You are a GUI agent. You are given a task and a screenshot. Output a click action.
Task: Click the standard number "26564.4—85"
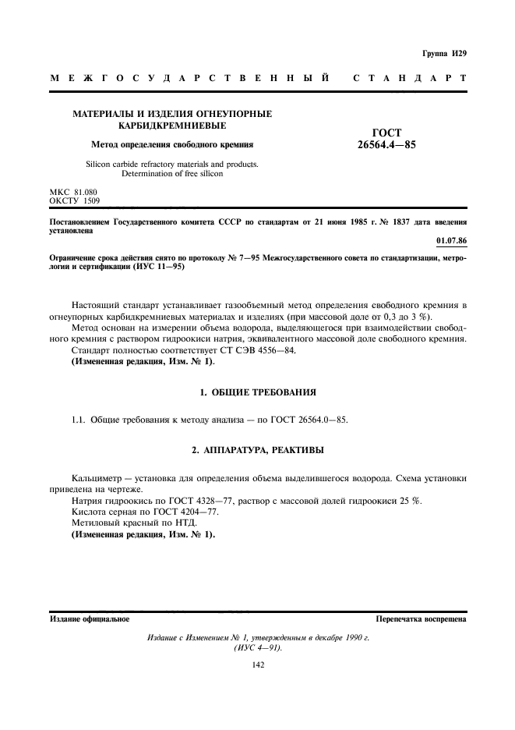pyautogui.click(x=385, y=145)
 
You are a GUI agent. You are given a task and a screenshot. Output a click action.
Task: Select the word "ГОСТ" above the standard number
pyautogui.click(x=386, y=133)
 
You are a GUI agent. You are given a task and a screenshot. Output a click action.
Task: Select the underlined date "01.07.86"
pyautogui.click(x=451, y=251)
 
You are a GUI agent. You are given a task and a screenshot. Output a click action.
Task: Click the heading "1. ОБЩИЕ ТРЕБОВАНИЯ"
pyautogui.click(x=257, y=391)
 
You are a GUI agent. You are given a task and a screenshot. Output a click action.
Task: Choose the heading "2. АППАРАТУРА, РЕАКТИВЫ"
pyautogui.click(x=257, y=451)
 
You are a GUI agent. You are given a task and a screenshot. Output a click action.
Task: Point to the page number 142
pyautogui.click(x=257, y=664)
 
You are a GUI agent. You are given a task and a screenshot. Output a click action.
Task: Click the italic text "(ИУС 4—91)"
pyautogui.click(x=257, y=648)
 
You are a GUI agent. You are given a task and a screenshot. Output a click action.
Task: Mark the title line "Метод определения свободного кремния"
pyautogui.click(x=172, y=144)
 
